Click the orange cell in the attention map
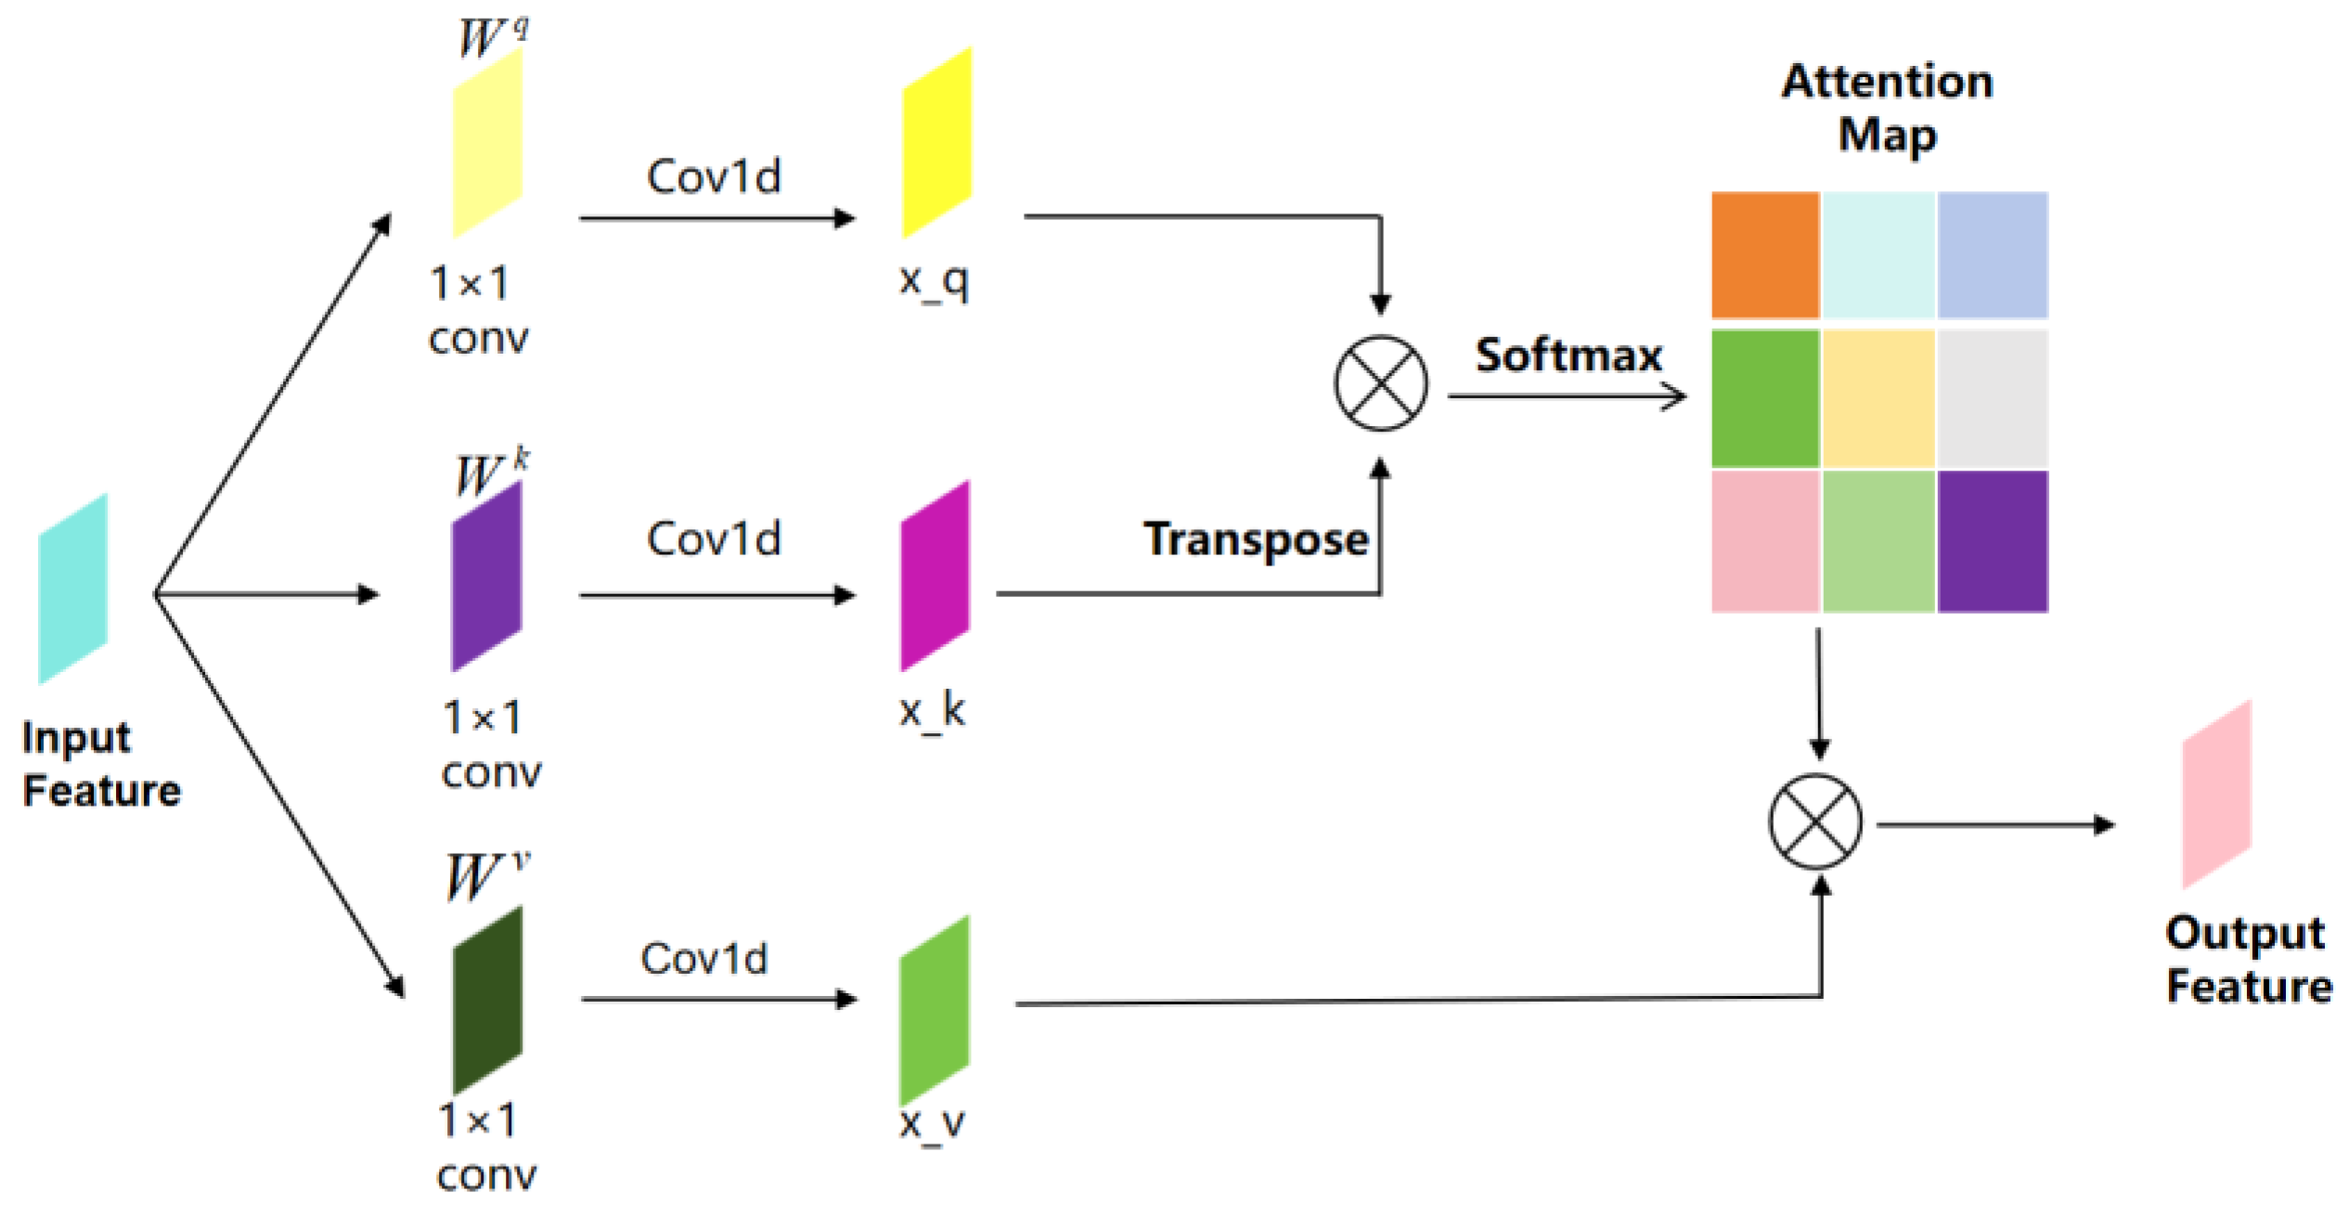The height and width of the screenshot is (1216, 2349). pyautogui.click(x=1764, y=254)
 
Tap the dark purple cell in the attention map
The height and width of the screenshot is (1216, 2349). pyautogui.click(x=1992, y=541)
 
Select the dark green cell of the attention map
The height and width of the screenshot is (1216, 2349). pyautogui.click(x=1764, y=398)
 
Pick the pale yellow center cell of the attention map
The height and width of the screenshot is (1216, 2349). pyautogui.click(x=1878, y=398)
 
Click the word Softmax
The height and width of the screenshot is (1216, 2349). pyautogui.click(x=1568, y=356)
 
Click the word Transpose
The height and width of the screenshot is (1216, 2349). pyautogui.click(x=1255, y=539)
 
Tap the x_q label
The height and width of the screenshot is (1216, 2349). pyautogui.click(x=934, y=279)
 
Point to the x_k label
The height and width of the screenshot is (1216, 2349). pyautogui.click(x=932, y=712)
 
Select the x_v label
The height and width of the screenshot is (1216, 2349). pyautogui.click(x=932, y=1123)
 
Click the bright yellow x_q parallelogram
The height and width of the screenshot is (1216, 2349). pyautogui.click(x=936, y=142)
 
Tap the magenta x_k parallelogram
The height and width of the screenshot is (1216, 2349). pyautogui.click(x=935, y=576)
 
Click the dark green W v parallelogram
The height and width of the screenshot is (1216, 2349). pyautogui.click(x=487, y=1000)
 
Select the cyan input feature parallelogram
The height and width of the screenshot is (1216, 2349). pyautogui.click(x=72, y=589)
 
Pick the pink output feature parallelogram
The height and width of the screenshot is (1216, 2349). pyautogui.click(x=2216, y=795)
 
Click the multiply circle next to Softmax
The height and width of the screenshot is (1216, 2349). pyautogui.click(x=1380, y=382)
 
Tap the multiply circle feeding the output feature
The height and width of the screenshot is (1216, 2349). pyautogui.click(x=1814, y=821)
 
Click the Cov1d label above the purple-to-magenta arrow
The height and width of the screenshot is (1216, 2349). pyautogui.click(x=714, y=539)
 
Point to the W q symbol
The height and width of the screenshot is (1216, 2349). pyautogui.click(x=492, y=37)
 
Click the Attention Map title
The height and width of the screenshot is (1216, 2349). pyautogui.click(x=1887, y=108)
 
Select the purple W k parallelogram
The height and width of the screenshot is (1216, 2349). pyautogui.click(x=486, y=576)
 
